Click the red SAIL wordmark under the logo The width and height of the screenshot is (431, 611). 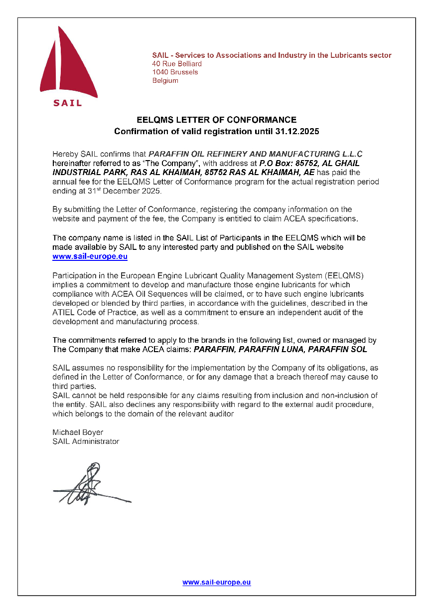pos(67,103)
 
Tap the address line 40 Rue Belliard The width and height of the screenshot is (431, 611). pos(177,64)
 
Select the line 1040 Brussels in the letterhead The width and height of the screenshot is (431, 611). pos(175,72)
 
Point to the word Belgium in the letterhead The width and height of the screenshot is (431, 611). pos(165,81)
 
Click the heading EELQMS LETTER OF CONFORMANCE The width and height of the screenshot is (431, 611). pos(216,120)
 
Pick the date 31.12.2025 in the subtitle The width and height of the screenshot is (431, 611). pos(296,132)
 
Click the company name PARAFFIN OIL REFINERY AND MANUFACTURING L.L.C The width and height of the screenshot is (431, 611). pos(255,154)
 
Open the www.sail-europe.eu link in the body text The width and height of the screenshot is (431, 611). pos(90,257)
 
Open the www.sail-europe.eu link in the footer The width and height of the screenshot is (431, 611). pos(216,582)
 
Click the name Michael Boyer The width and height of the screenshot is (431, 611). pos(78,432)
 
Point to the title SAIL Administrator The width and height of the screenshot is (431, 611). pos(86,441)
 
